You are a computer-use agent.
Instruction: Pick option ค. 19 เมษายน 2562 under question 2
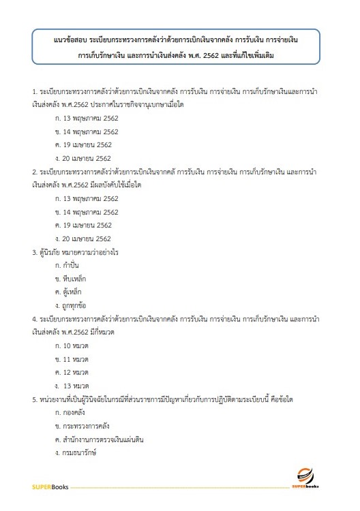84,226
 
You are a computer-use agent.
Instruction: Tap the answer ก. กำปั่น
69,265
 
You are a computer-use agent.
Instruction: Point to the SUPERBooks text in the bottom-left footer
50,487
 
